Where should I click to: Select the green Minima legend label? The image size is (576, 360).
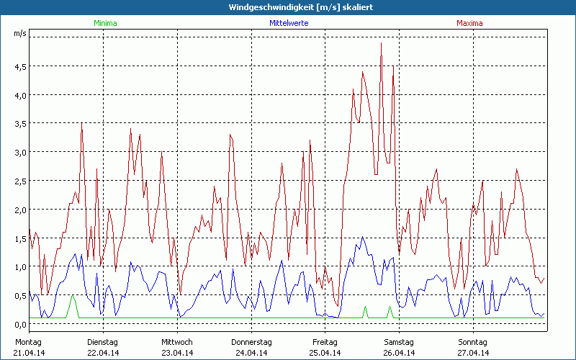pos(104,23)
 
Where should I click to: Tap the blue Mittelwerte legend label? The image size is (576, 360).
pos(288,23)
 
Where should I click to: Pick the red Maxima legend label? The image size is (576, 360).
pos(469,23)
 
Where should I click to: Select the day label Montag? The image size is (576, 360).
pos(28,342)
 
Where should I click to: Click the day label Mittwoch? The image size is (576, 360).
pos(177,342)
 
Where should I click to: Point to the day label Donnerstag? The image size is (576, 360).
pos(251,342)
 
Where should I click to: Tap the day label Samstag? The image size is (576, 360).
pos(399,342)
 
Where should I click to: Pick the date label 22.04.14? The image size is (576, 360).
pos(103,353)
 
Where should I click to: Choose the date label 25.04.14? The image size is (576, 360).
pos(325,353)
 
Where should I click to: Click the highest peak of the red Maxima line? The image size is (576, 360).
pos(381,43)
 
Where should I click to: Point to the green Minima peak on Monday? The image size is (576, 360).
pos(72,296)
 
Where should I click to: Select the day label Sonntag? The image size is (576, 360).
pos(473,342)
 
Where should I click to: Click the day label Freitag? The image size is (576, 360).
pos(325,342)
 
